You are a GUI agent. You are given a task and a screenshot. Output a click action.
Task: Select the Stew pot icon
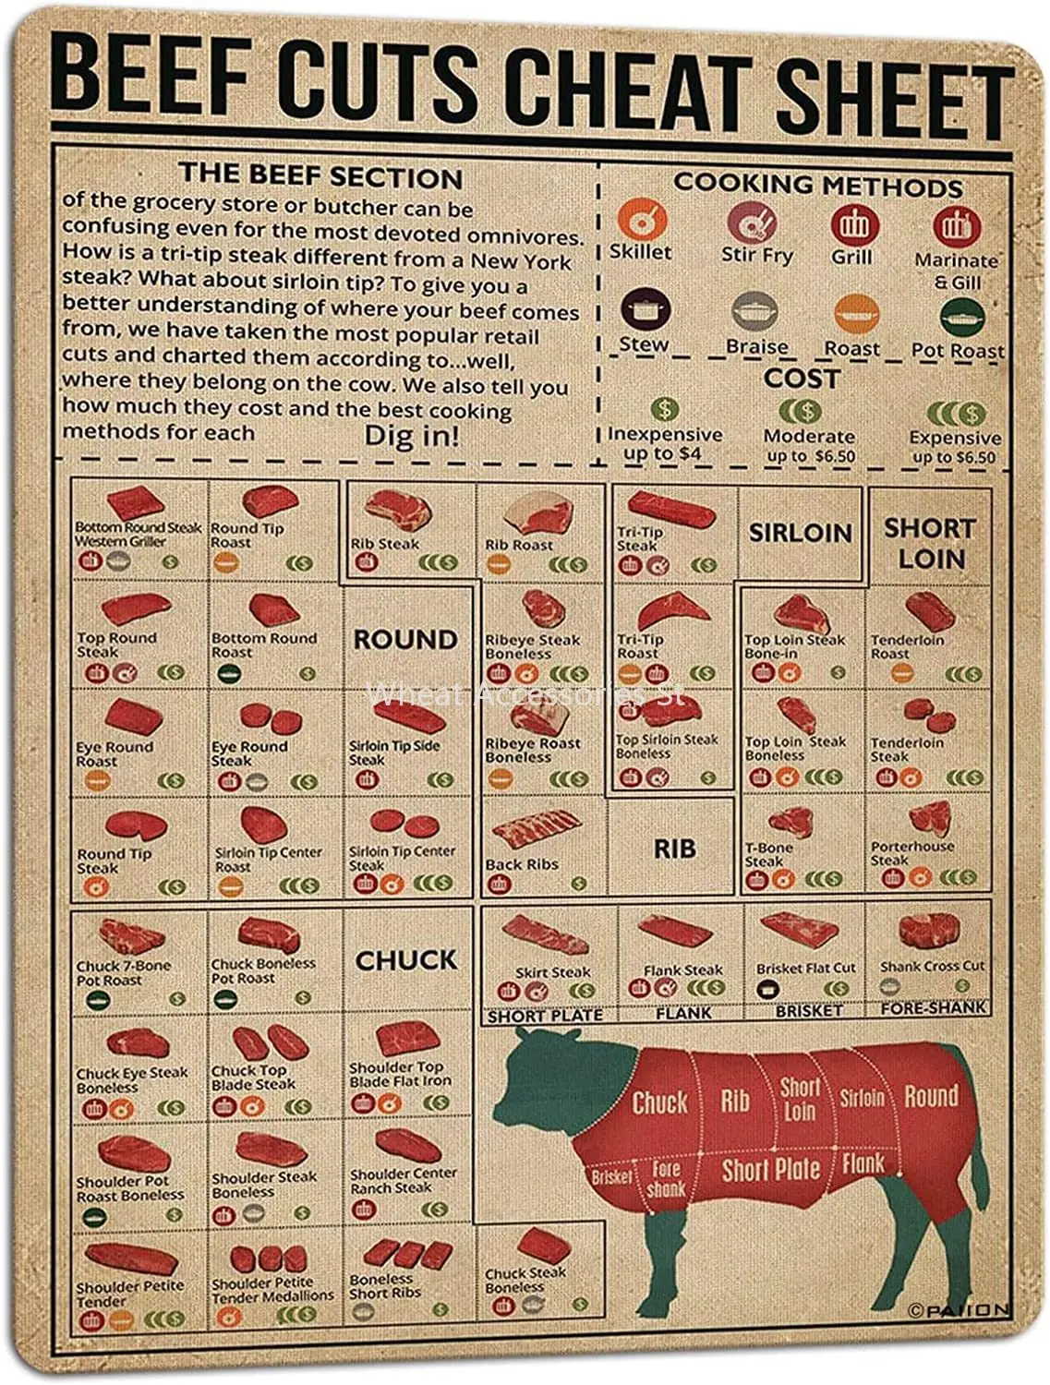pyautogui.click(x=639, y=311)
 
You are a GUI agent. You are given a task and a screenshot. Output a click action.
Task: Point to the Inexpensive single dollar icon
pyautogui.click(x=664, y=409)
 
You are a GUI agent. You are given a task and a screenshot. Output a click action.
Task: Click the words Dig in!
pyautogui.click(x=412, y=434)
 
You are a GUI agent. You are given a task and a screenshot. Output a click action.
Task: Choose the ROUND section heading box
pyautogui.click(x=405, y=639)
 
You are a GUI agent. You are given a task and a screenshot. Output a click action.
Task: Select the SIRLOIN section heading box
pyautogui.click(x=800, y=533)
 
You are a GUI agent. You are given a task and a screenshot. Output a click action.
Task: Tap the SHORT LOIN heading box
pyautogui.click(x=930, y=543)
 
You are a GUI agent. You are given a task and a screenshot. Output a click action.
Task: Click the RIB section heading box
pyautogui.click(x=673, y=848)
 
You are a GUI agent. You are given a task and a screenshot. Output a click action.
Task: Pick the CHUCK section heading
pyautogui.click(x=405, y=960)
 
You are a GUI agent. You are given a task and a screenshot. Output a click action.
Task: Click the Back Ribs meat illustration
pyautogui.click(x=536, y=829)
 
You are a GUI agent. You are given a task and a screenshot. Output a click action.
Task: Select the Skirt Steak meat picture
pyautogui.click(x=545, y=935)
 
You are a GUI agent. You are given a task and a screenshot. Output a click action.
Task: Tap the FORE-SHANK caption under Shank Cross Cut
pyautogui.click(x=933, y=1008)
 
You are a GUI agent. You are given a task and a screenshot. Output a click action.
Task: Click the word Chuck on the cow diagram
pyautogui.click(x=659, y=1102)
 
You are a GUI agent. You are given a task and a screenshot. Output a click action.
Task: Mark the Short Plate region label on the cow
pyautogui.click(x=771, y=1170)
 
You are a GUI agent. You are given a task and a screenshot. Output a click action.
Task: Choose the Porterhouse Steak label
pyautogui.click(x=911, y=852)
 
